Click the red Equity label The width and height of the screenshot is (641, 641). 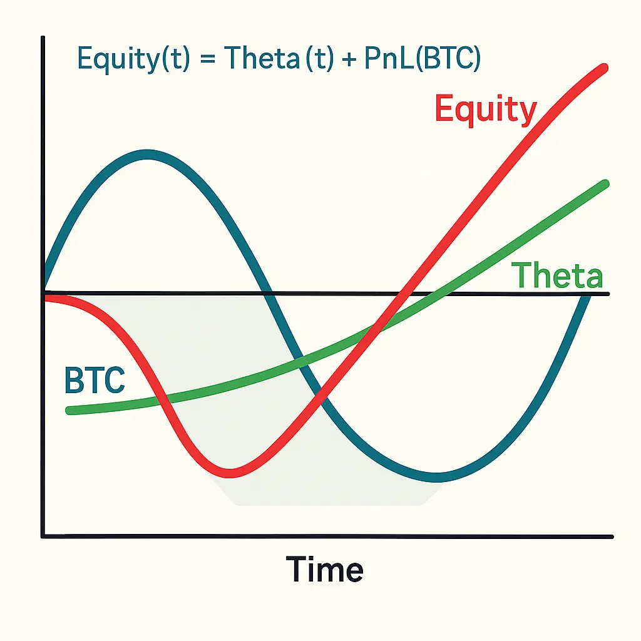(486, 109)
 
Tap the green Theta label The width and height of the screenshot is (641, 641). (557, 275)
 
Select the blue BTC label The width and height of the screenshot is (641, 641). (95, 380)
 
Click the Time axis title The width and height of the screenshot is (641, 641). (324, 569)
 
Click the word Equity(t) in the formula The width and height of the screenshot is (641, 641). (134, 59)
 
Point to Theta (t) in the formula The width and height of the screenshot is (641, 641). (279, 58)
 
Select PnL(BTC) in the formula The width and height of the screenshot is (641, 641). (423, 58)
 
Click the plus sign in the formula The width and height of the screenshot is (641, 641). (349, 60)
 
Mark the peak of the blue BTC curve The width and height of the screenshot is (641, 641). (147, 155)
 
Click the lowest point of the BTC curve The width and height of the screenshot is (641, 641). (436, 478)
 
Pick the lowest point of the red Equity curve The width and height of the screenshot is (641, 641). (229, 473)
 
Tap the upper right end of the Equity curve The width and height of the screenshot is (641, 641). (603, 68)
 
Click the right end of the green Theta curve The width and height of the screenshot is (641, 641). (605, 184)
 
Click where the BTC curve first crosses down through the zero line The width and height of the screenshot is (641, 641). (269, 293)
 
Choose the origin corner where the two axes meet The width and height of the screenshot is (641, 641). (43, 536)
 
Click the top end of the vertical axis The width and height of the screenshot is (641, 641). (43, 38)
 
